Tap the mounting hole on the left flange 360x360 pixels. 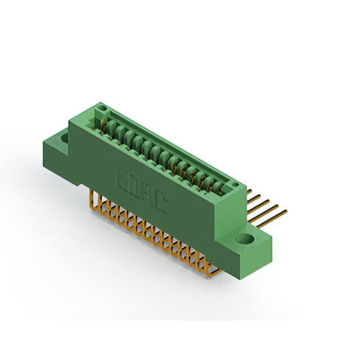tap(64, 136)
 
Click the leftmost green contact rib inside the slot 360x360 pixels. tap(111, 124)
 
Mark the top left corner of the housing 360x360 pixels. tap(69, 120)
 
